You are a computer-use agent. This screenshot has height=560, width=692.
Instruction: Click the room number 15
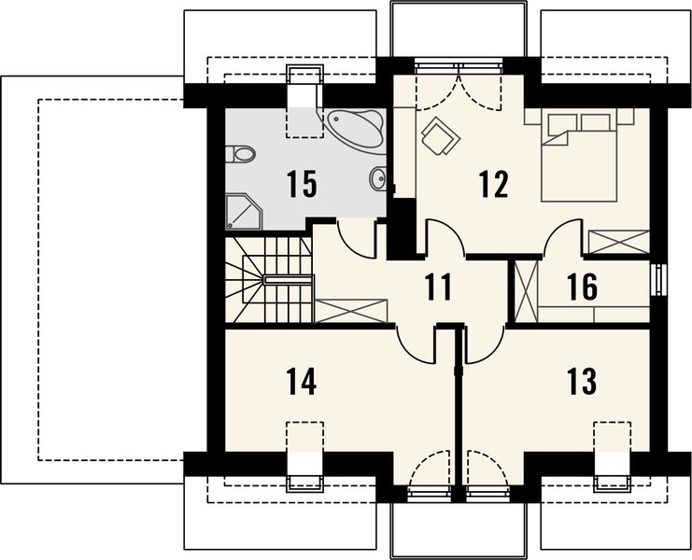point(302,184)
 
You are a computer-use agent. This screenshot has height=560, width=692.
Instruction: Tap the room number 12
point(494,184)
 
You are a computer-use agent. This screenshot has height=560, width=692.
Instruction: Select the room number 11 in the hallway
point(439,287)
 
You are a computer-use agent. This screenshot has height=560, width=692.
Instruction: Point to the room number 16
point(583,287)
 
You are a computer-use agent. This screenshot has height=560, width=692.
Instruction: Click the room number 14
point(302,382)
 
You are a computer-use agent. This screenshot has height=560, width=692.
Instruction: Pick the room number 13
point(583,382)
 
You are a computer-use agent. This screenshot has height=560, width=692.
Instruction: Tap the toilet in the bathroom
point(241,155)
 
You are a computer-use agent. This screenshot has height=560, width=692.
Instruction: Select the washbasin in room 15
point(378,178)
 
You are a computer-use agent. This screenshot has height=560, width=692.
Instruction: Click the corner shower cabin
point(244,212)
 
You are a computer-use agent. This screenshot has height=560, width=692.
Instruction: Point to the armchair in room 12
point(441,136)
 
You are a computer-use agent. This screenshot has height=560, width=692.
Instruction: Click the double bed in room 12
point(579,155)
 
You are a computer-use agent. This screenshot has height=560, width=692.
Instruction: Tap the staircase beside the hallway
point(269,280)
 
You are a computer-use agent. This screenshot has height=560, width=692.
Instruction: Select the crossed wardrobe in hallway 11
point(351,311)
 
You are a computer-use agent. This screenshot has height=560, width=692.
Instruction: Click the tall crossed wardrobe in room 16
point(527,291)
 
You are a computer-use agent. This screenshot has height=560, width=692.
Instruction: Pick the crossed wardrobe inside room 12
point(619,242)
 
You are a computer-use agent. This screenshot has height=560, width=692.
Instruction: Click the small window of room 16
point(659,280)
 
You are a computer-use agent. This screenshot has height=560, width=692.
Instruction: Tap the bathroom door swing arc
point(355,239)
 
